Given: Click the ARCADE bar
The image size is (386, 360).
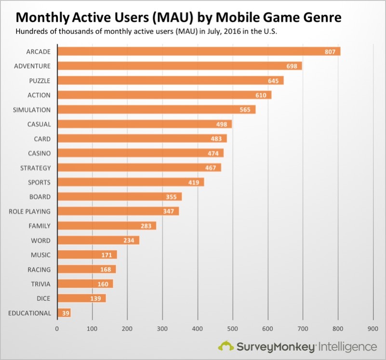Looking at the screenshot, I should click(199, 51).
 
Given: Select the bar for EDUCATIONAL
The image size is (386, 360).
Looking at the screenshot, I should click(64, 313).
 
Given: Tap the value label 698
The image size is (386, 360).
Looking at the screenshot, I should click(292, 66).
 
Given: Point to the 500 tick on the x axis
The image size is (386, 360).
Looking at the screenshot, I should click(233, 329).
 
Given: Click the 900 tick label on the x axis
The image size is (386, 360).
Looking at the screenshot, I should click(373, 329).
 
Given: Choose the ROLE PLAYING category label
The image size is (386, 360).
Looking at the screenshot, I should click(29, 211).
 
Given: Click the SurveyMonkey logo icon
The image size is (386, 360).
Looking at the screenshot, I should click(226, 346).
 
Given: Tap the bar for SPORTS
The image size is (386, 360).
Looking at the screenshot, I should click(130, 182).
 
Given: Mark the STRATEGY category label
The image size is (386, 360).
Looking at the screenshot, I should click(35, 168).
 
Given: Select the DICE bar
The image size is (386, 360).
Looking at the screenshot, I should click(81, 298).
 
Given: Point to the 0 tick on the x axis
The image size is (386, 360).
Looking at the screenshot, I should click(57, 329).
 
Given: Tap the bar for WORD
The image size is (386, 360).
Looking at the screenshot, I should click(98, 240).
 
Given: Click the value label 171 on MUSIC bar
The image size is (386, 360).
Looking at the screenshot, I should click(107, 255).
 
